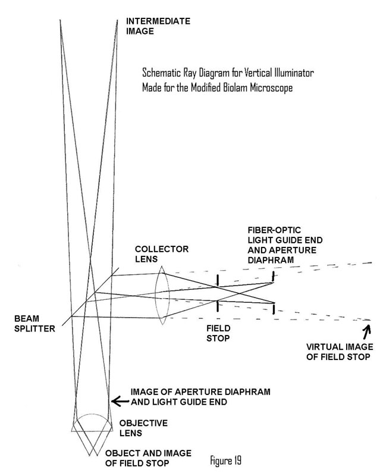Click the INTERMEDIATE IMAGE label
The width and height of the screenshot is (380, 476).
pos(159,26)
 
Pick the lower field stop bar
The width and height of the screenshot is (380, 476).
pos(217,305)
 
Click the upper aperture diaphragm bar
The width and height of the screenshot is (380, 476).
pos(273,275)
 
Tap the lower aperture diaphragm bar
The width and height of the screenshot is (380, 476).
pos(273,309)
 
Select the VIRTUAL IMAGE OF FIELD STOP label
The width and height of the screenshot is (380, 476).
pos(337,352)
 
